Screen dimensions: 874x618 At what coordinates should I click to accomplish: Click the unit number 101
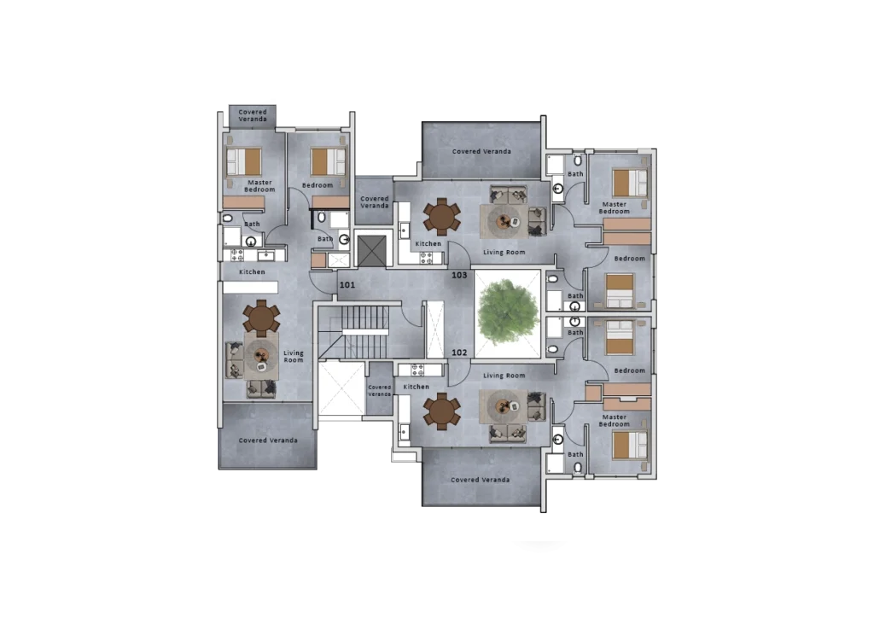[x=347, y=285]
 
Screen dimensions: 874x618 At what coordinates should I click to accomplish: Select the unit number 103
[x=459, y=275]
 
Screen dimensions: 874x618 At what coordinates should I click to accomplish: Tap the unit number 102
[x=459, y=353]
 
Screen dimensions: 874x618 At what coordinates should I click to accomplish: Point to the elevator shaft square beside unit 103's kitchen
[x=372, y=251]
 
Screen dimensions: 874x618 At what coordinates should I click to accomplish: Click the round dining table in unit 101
[x=261, y=318]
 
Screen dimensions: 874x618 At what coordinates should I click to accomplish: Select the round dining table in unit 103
[x=441, y=217]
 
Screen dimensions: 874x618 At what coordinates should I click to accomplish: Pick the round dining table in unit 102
[x=441, y=411]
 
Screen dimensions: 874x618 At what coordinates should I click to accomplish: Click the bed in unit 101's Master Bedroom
[x=243, y=161]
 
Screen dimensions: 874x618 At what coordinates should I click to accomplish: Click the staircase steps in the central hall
[x=364, y=332]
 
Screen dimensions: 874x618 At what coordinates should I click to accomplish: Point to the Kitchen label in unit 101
[x=252, y=272]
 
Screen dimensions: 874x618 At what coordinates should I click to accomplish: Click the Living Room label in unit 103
[x=504, y=253]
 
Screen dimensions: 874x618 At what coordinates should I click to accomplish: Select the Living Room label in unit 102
[x=504, y=376]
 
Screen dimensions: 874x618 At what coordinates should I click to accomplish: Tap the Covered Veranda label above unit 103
[x=481, y=151]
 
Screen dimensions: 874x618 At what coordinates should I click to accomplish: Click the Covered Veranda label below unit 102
[x=480, y=479]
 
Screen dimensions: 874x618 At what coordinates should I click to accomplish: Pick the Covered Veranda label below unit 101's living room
[x=268, y=440]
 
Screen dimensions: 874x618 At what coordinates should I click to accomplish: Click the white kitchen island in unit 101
[x=250, y=288]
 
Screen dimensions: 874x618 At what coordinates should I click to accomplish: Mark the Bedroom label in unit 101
[x=318, y=185]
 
